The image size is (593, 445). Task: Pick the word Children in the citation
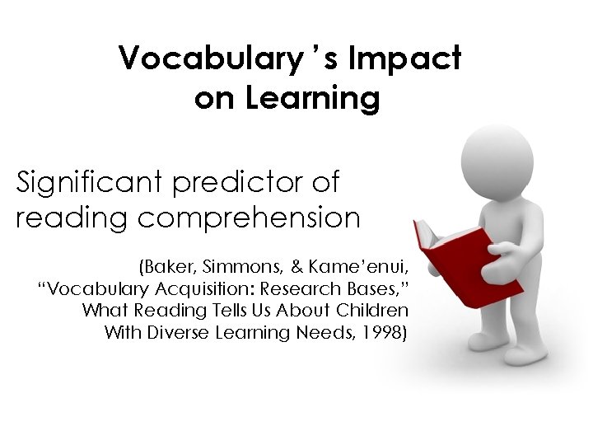pos(375,311)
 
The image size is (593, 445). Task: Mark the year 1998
pos(385,333)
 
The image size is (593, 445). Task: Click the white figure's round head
pos(497,157)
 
